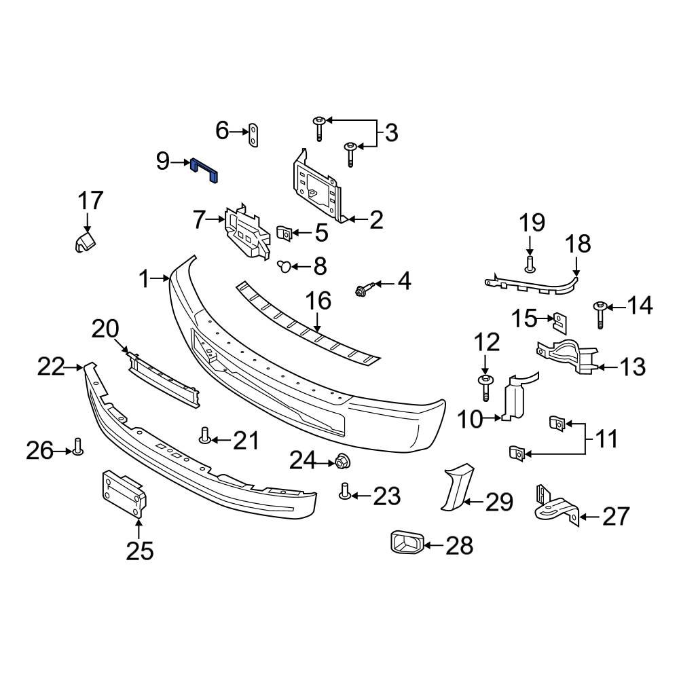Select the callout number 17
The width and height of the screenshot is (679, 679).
[x=90, y=201]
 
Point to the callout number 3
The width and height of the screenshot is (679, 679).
[x=391, y=133]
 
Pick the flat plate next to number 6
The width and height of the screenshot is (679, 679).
[x=254, y=134]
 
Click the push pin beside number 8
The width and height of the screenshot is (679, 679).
[x=285, y=266]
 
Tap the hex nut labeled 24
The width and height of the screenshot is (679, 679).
[x=342, y=462]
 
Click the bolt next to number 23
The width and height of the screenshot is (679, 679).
[x=345, y=490]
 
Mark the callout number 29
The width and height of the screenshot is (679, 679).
[x=499, y=503]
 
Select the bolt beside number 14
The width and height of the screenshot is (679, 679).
[x=600, y=313]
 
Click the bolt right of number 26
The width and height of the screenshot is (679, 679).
[x=77, y=447]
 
